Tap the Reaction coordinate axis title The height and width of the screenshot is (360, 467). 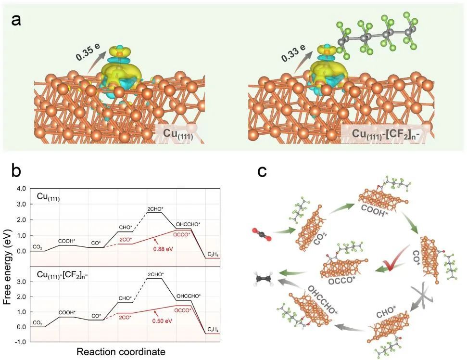point(121,352)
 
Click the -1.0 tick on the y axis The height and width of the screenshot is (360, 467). point(21,342)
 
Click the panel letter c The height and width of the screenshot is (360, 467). point(263,172)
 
